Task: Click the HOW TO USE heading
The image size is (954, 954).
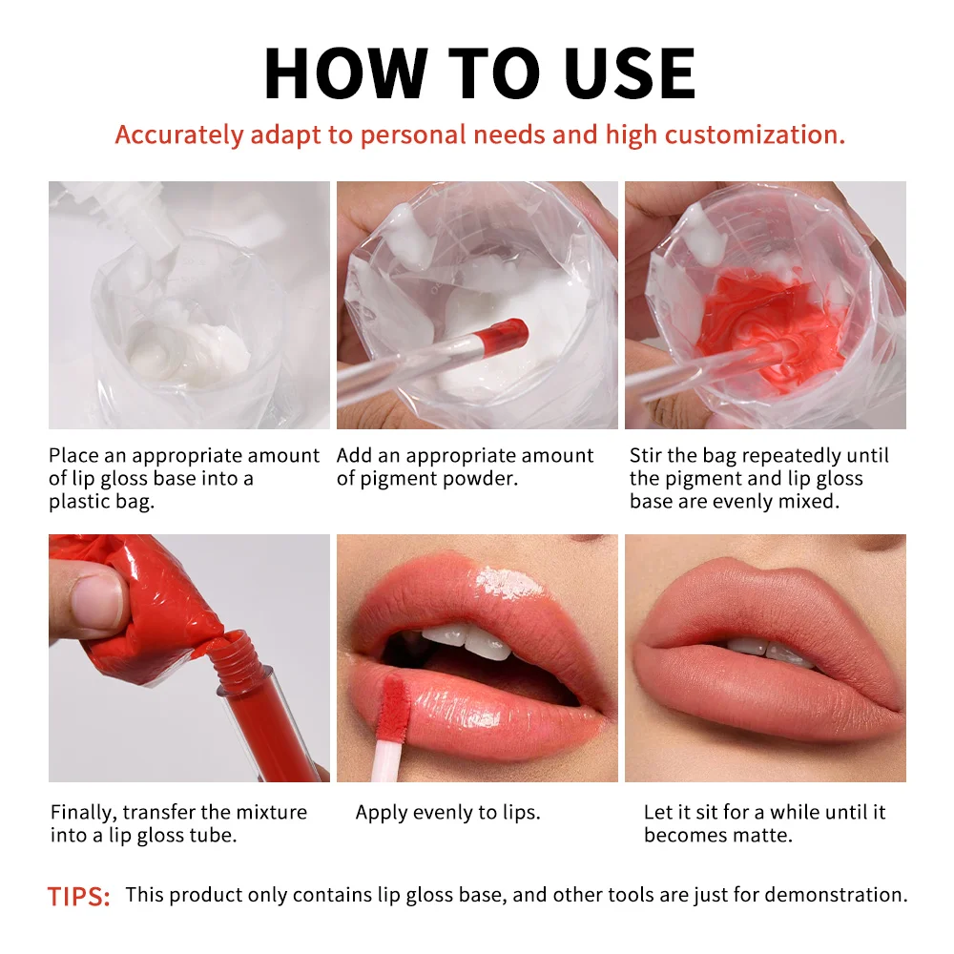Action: (x=479, y=73)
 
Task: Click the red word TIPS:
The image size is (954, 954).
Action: (x=79, y=896)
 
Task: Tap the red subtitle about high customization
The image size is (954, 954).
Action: (x=480, y=135)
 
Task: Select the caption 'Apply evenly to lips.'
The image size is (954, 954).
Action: (x=447, y=813)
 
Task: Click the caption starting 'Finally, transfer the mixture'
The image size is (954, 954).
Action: (x=178, y=823)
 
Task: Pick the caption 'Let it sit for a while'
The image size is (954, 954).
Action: (x=763, y=823)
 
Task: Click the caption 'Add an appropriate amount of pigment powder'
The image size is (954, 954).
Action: (x=465, y=467)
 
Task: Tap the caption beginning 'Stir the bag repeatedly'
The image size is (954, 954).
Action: (x=758, y=478)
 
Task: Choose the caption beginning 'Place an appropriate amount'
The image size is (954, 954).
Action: (x=183, y=478)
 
